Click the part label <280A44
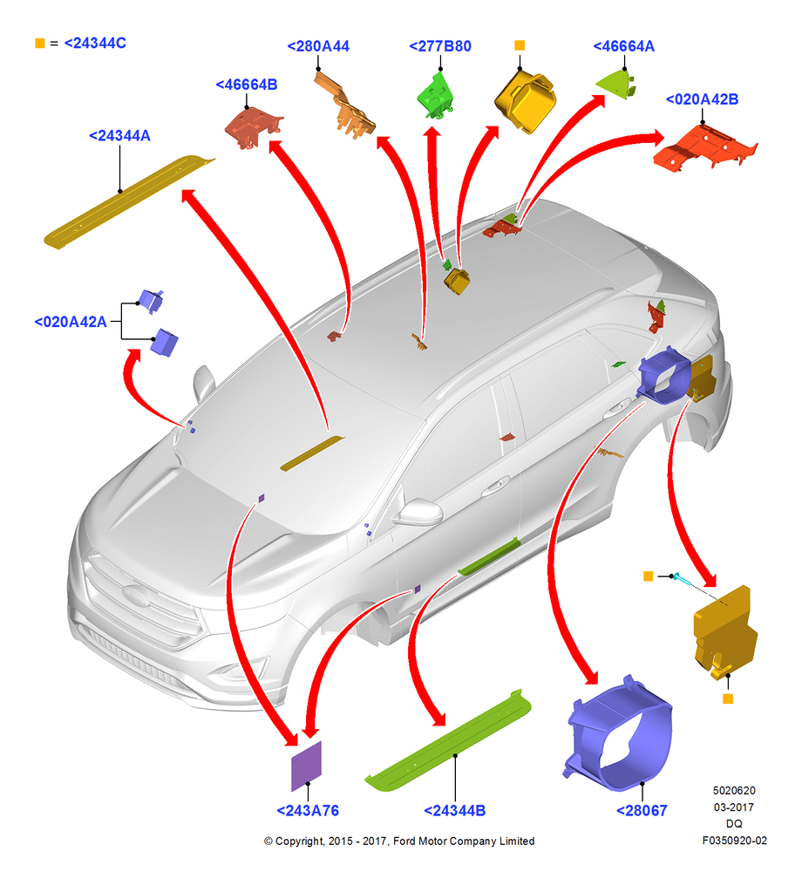click(x=318, y=46)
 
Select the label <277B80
click(x=439, y=46)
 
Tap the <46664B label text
click(x=247, y=85)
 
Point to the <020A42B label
click(x=702, y=99)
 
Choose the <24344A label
click(x=119, y=136)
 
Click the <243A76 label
click(x=308, y=811)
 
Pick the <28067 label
click(x=642, y=811)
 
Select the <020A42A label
click(x=71, y=322)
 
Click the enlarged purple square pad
click(x=306, y=766)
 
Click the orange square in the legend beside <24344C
click(x=39, y=43)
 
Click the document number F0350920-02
click(x=734, y=841)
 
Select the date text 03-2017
click(x=734, y=807)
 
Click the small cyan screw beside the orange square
click(x=683, y=579)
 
